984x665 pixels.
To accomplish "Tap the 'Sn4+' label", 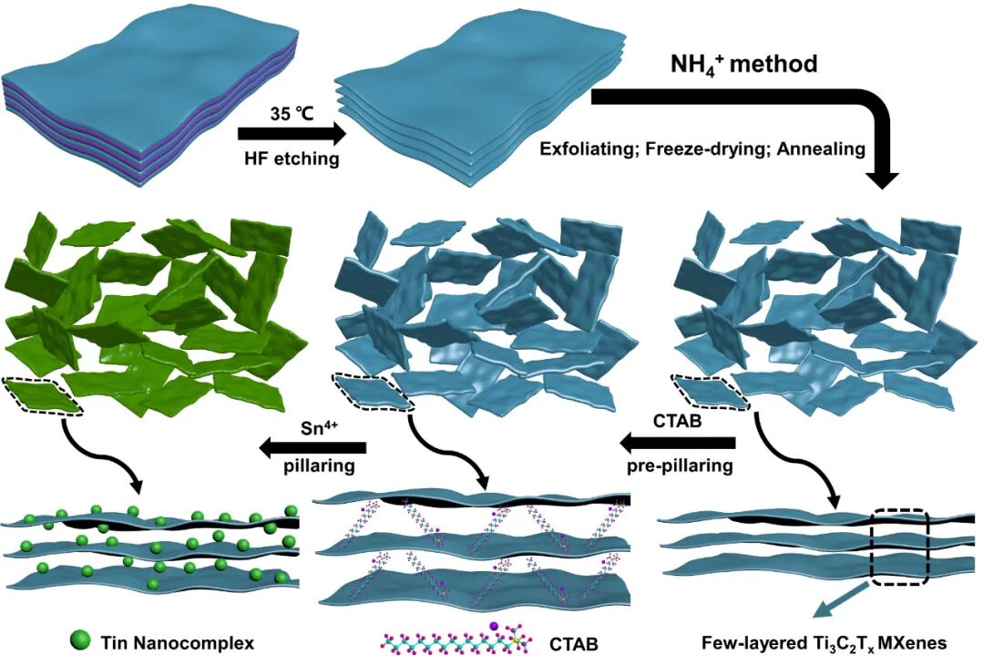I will click(325, 426).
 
